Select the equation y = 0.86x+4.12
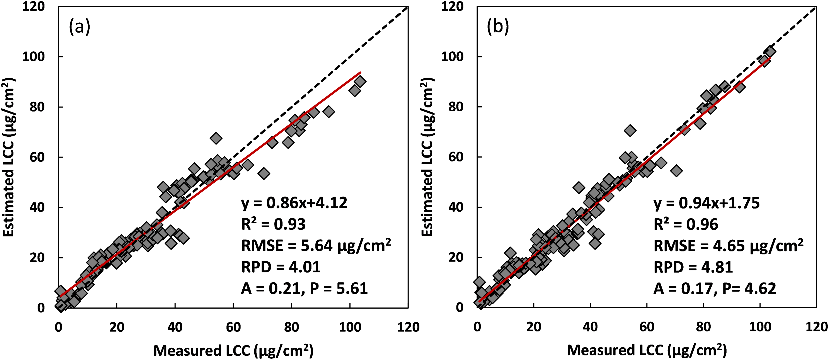[294, 203]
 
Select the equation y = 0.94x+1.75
[706, 203]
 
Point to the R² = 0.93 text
[273, 224]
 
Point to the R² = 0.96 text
[686, 224]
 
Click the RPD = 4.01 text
[281, 267]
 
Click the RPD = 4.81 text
[693, 267]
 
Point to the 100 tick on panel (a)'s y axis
[33, 57]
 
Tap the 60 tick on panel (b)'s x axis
[647, 327]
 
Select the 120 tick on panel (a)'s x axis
[408, 327]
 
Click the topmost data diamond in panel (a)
[360, 82]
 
